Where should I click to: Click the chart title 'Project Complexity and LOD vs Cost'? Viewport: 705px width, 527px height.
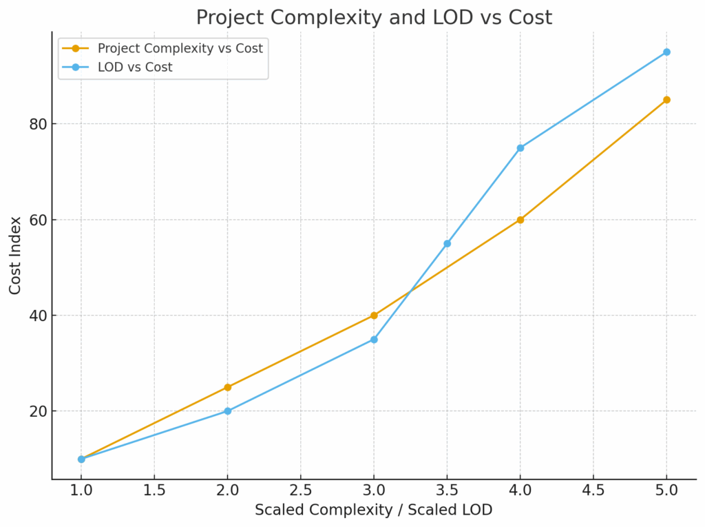click(374, 17)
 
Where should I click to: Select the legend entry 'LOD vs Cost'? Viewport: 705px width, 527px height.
click(134, 68)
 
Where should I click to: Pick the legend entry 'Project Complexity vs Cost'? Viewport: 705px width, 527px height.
click(180, 48)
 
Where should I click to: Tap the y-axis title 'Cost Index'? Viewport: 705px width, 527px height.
click(15, 255)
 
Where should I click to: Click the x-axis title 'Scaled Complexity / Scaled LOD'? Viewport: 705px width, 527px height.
click(373, 510)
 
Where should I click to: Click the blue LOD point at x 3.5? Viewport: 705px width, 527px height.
click(447, 244)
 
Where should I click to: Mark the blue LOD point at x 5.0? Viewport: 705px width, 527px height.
click(666, 52)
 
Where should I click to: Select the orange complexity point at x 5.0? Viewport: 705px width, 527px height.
click(666, 100)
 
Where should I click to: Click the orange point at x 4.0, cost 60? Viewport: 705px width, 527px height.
click(520, 220)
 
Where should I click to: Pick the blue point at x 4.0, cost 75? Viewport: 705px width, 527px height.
click(520, 148)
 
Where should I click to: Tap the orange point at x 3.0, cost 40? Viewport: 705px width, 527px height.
click(374, 316)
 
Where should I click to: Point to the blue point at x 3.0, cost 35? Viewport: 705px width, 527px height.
click(374, 340)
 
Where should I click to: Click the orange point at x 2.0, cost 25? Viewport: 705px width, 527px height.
click(228, 387)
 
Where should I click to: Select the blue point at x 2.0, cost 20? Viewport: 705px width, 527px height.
click(228, 411)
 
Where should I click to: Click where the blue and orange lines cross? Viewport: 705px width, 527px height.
click(410, 292)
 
